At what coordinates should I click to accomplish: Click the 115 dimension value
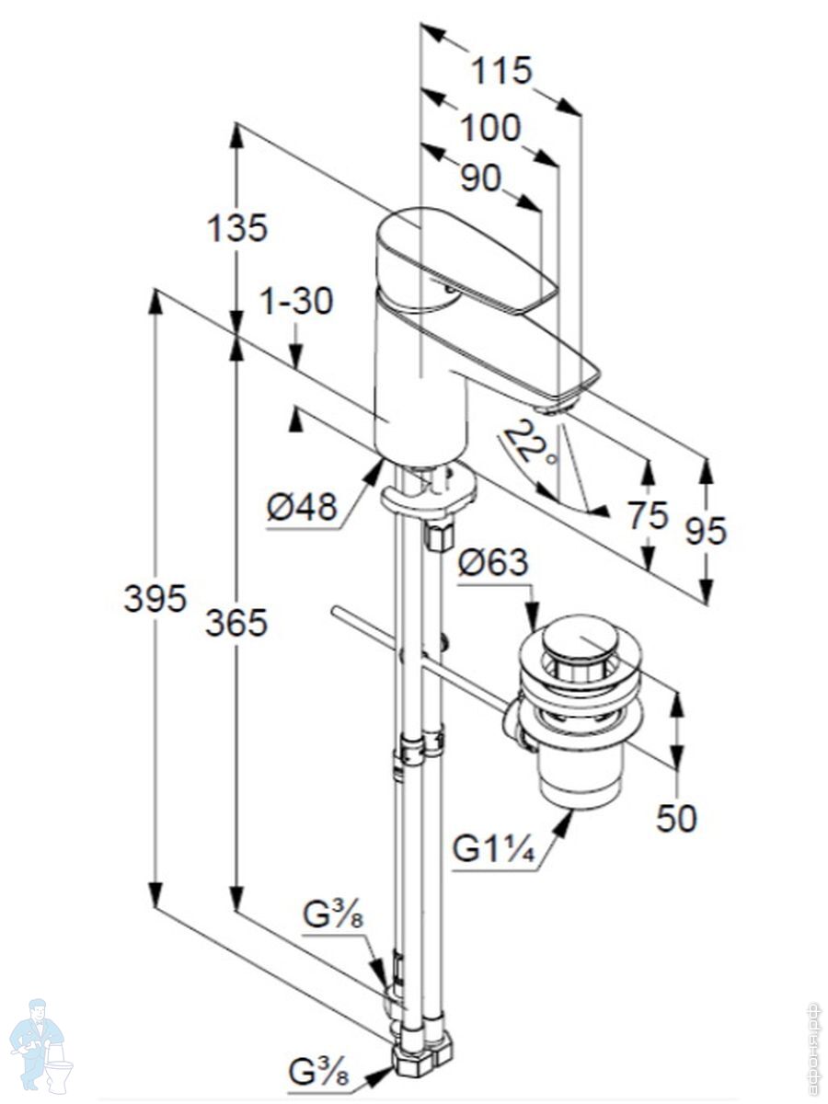pyautogui.click(x=502, y=70)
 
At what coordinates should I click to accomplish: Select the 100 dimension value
pyautogui.click(x=489, y=128)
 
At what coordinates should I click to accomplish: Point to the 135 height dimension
pyautogui.click(x=237, y=227)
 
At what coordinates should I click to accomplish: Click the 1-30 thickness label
pyautogui.click(x=296, y=301)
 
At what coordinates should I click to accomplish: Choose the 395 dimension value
pyautogui.click(x=155, y=599)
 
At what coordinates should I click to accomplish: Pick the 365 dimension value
pyautogui.click(x=236, y=623)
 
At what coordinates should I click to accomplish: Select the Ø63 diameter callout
pyautogui.click(x=493, y=562)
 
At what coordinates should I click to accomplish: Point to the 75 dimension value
pyautogui.click(x=648, y=515)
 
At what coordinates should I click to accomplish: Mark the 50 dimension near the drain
pyautogui.click(x=676, y=818)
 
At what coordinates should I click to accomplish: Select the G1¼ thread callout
pyautogui.click(x=493, y=848)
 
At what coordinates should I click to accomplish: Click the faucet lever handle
pyautogui.click(x=469, y=262)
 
